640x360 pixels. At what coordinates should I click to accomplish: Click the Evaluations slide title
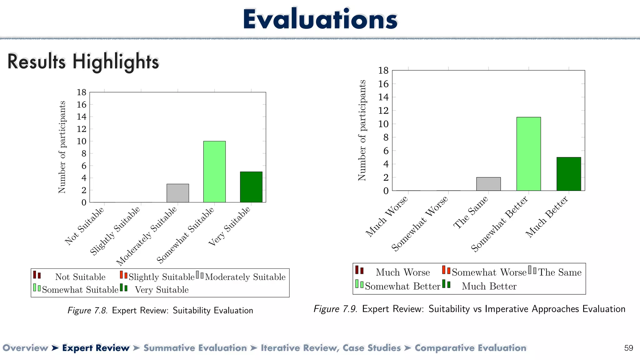(x=320, y=19)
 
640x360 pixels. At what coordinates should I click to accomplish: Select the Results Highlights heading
(x=83, y=61)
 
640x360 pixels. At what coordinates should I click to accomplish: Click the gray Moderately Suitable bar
(x=177, y=193)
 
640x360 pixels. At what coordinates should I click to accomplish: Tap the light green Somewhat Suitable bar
(x=214, y=172)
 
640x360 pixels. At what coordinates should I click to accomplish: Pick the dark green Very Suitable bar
(x=251, y=187)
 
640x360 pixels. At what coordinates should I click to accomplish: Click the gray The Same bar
(x=488, y=184)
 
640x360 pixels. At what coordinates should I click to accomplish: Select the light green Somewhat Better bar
(x=528, y=154)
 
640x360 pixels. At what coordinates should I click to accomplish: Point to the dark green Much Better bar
(x=568, y=174)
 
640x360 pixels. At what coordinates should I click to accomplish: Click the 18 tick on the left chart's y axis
(x=82, y=92)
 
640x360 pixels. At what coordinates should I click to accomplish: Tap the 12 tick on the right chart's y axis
(x=383, y=111)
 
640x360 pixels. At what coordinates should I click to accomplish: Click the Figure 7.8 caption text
(x=160, y=310)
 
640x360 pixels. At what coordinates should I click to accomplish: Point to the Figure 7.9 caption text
(x=469, y=309)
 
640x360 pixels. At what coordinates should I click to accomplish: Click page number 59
(x=628, y=348)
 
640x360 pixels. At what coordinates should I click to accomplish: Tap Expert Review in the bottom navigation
(x=96, y=348)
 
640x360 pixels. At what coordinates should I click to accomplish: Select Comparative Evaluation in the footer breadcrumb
(x=470, y=348)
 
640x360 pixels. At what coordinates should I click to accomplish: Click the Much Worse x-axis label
(x=387, y=216)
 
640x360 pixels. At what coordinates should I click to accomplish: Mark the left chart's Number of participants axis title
(x=62, y=147)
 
